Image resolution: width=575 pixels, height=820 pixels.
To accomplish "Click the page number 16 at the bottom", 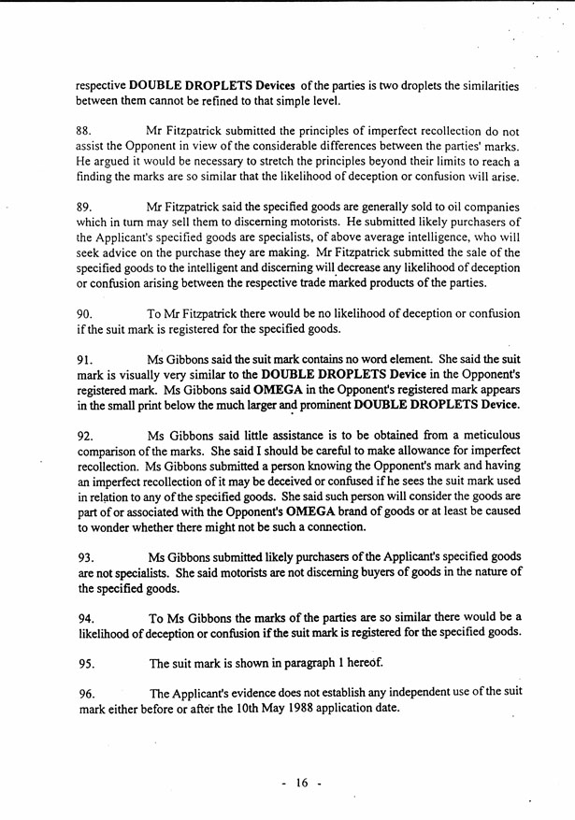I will [x=301, y=784].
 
